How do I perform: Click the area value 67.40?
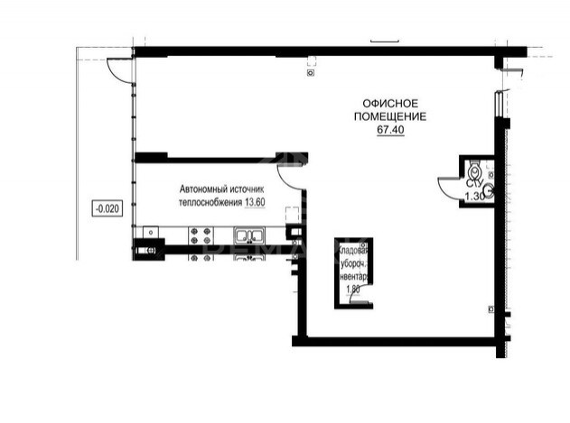click(389, 130)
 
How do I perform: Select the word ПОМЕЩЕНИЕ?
click(389, 117)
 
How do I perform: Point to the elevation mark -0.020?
click(106, 209)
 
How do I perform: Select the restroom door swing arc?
click(449, 185)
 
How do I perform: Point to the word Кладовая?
click(350, 250)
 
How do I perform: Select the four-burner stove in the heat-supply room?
click(201, 236)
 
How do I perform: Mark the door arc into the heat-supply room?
click(291, 177)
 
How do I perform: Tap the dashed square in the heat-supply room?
click(291, 216)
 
